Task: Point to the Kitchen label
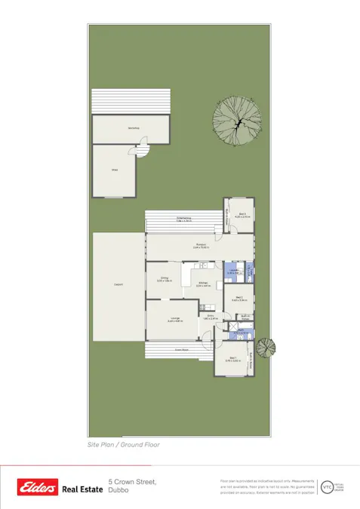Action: point(202,285)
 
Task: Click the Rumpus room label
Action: point(201,246)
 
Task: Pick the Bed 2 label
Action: point(238,298)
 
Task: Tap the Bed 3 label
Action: point(242,216)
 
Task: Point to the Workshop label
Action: point(133,129)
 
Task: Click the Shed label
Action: point(115,170)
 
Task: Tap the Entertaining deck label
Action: point(184,219)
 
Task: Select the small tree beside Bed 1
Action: point(266,348)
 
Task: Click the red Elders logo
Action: point(38,489)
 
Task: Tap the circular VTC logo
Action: point(327,487)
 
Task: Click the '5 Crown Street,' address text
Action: point(132,481)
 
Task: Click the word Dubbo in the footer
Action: point(118,490)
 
